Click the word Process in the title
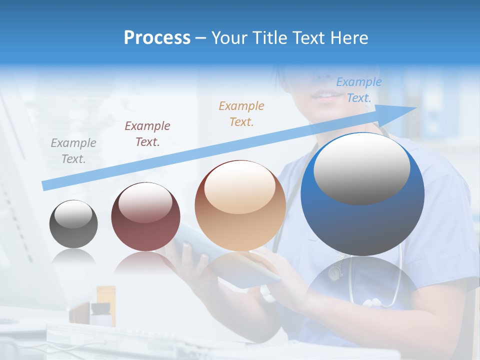point(157,37)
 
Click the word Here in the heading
point(349,37)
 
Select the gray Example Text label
point(73,150)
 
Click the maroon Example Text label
point(147,133)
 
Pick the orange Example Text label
point(241,113)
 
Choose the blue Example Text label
point(359,90)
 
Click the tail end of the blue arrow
point(44,185)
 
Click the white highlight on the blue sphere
point(361,167)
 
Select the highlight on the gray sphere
point(73,214)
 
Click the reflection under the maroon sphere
point(145,262)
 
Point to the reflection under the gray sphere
point(73,256)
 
